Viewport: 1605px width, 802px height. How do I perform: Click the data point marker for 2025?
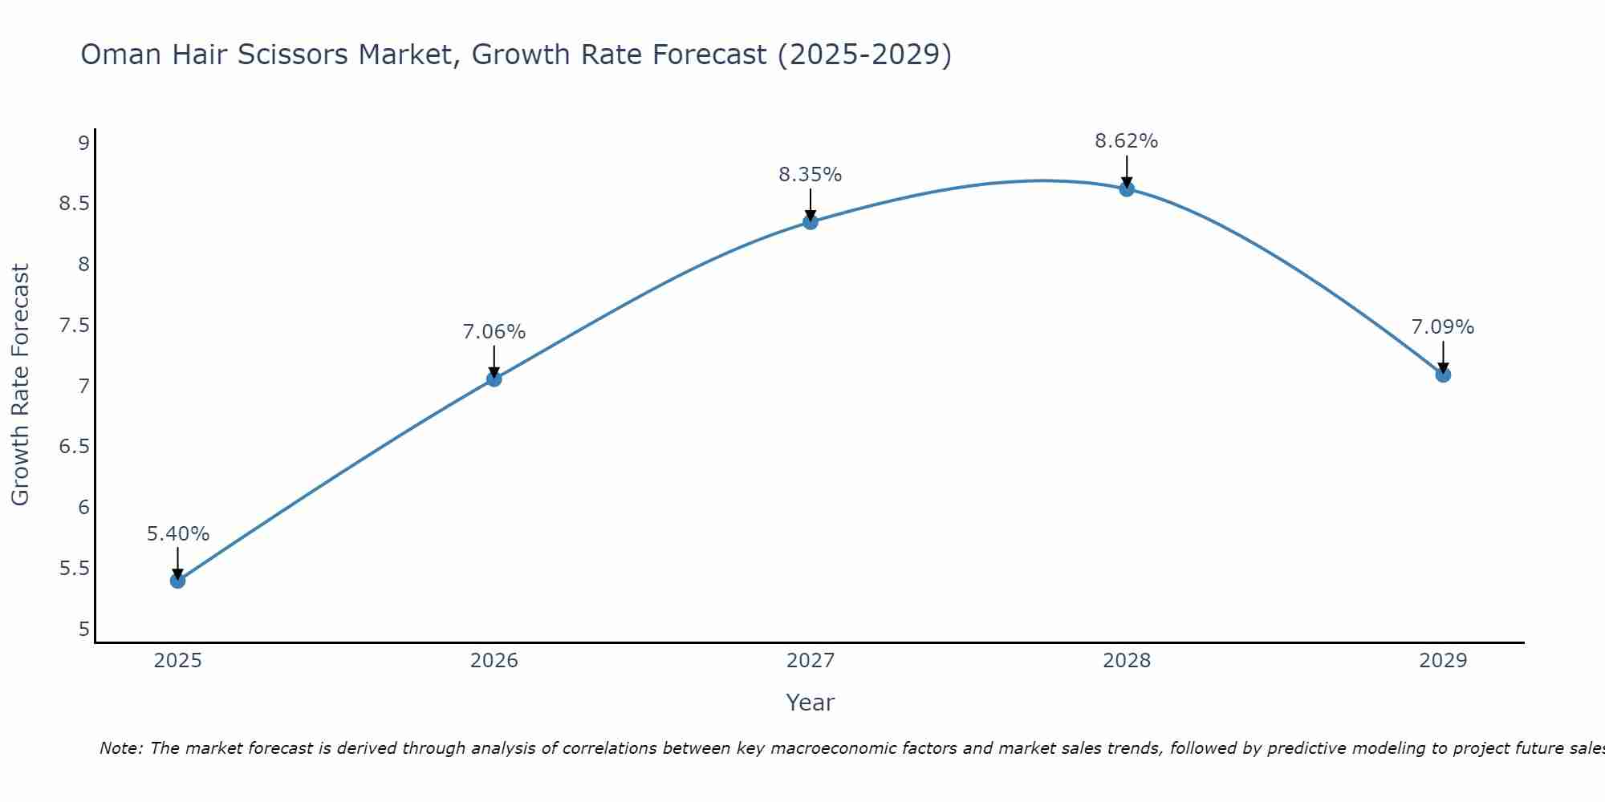(x=177, y=581)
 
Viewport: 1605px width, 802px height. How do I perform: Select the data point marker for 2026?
(x=494, y=379)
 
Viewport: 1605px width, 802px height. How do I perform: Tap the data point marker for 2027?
(x=810, y=222)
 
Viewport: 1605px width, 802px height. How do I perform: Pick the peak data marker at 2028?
(x=1126, y=189)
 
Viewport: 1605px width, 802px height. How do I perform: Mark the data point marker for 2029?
(x=1442, y=375)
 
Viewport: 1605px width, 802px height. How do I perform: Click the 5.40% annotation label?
(x=177, y=534)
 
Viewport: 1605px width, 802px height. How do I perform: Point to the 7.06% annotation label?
(x=494, y=332)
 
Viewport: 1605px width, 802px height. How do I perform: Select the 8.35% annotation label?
(x=810, y=175)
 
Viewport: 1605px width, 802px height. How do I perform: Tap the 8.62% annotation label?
(x=1126, y=141)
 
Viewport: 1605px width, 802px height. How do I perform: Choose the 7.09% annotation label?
(x=1442, y=327)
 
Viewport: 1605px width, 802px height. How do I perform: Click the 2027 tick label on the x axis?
(x=810, y=661)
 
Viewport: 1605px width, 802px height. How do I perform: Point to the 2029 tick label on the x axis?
(x=1442, y=661)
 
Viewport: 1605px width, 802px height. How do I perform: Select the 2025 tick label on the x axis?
(x=177, y=661)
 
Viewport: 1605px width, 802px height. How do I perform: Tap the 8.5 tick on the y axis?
(x=74, y=204)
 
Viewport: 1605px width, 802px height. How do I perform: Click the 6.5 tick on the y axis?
(x=74, y=447)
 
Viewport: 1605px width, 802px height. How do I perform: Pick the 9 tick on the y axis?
(x=83, y=144)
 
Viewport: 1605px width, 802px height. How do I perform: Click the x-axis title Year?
(x=810, y=703)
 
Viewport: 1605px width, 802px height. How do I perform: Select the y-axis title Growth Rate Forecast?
(x=21, y=384)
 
